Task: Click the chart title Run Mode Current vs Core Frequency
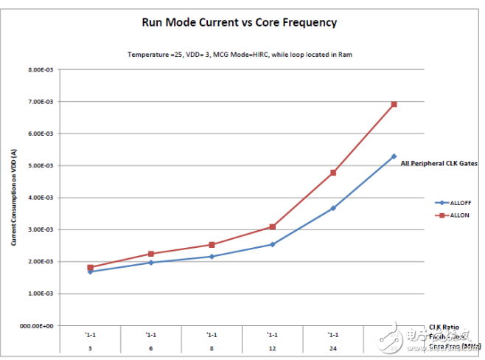[x=239, y=22]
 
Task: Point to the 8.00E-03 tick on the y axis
[x=45, y=70]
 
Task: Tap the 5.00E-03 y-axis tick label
[x=45, y=165]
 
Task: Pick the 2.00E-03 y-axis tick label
[x=45, y=261]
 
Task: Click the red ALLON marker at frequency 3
[x=90, y=268]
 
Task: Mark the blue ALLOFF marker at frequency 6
[x=151, y=263]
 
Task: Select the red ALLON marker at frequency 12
[x=273, y=226]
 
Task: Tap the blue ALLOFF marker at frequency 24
[x=333, y=208]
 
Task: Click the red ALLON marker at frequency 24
[x=333, y=173]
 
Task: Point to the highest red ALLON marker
[x=394, y=104]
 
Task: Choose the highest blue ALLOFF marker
[x=394, y=156]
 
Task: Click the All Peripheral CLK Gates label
[x=439, y=164]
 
